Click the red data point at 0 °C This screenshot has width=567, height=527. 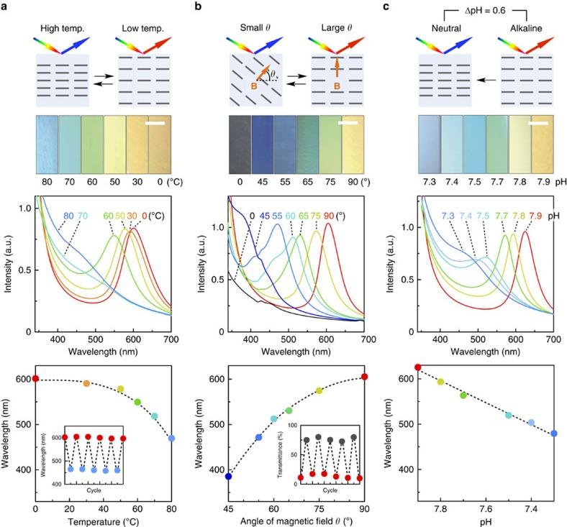tap(35, 379)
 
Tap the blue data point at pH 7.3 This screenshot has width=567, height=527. tap(554, 434)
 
